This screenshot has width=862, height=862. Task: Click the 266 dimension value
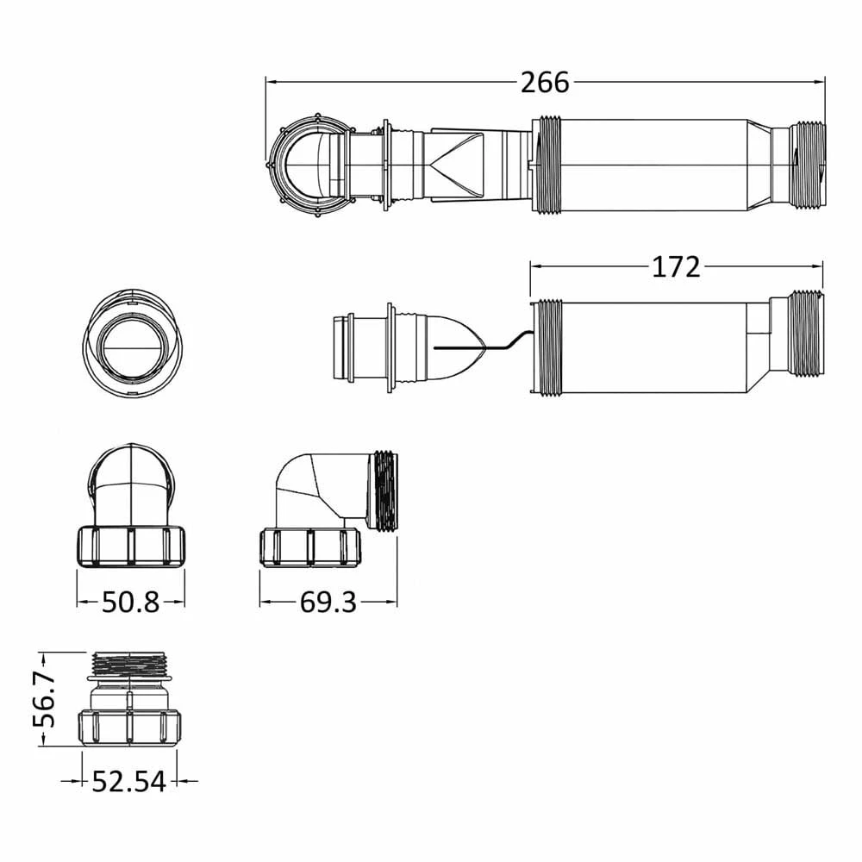pyautogui.click(x=545, y=83)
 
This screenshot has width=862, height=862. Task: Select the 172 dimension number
pyautogui.click(x=676, y=267)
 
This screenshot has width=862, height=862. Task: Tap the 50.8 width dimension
pyautogui.click(x=131, y=603)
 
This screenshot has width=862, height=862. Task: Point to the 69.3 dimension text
pyautogui.click(x=328, y=603)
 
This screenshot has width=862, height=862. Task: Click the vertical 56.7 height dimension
pyautogui.click(x=45, y=699)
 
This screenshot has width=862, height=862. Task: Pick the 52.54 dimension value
pyautogui.click(x=128, y=781)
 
